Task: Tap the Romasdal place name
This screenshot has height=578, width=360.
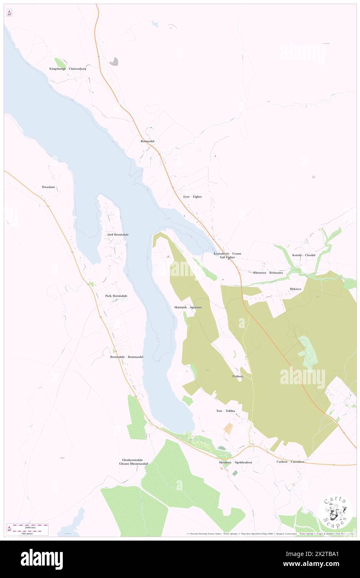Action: tap(147, 141)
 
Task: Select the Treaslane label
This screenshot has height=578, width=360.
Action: tap(48, 187)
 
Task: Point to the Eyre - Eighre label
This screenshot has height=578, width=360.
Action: tap(192, 196)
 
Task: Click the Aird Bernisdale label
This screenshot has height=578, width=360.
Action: tap(115, 235)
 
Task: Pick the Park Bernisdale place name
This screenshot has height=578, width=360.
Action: tap(116, 296)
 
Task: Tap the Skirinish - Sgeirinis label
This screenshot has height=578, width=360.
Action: tap(188, 307)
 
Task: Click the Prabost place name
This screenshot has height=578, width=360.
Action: tap(238, 376)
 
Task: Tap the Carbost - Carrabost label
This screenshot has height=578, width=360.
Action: tap(291, 462)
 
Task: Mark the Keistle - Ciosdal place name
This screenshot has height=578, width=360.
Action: tap(303, 255)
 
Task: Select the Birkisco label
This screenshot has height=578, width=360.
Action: tap(296, 289)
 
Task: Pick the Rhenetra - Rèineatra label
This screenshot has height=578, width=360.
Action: tap(268, 273)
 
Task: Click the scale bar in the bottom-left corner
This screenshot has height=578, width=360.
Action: tap(28, 529)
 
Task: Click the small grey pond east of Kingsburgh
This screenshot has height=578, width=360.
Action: tap(114, 62)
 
